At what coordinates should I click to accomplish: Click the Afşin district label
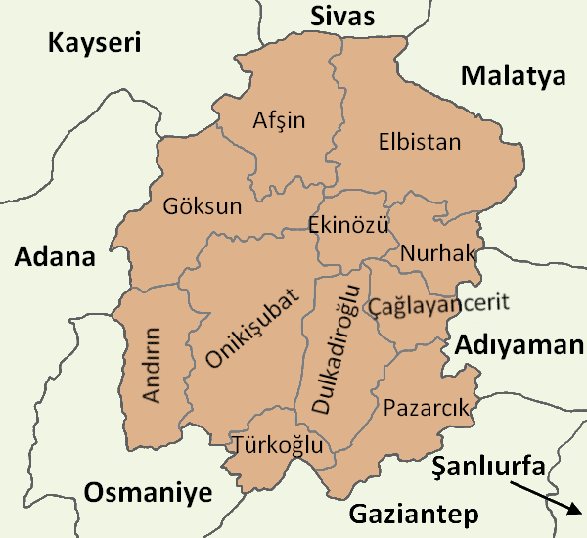(279, 121)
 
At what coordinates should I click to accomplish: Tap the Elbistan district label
(419, 142)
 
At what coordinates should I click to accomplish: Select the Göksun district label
(203, 207)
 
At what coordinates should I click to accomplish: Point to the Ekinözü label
(348, 225)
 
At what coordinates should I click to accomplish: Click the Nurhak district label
(437, 253)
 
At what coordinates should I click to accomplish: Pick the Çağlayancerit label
(439, 304)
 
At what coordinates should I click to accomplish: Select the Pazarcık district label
(428, 407)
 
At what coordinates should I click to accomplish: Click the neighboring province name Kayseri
(95, 43)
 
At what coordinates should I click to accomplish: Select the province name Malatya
(515, 76)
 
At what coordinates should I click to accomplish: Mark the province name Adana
(55, 258)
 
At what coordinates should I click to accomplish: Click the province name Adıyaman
(518, 345)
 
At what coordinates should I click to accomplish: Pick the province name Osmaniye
(148, 493)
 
